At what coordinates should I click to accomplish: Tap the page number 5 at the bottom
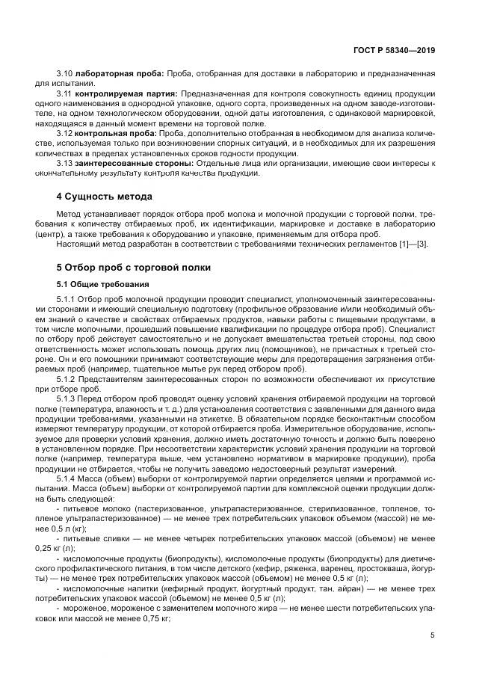click(x=433, y=635)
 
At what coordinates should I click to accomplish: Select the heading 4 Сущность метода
click(x=104, y=197)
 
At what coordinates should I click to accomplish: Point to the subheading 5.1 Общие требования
click(x=103, y=285)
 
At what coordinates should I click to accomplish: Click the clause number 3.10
click(x=64, y=76)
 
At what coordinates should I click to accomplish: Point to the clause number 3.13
click(x=64, y=161)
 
